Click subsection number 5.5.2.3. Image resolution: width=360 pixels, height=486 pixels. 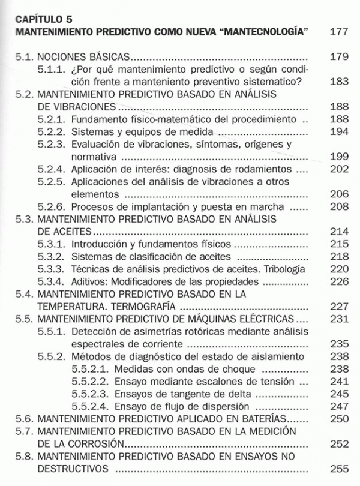tap(90, 393)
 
